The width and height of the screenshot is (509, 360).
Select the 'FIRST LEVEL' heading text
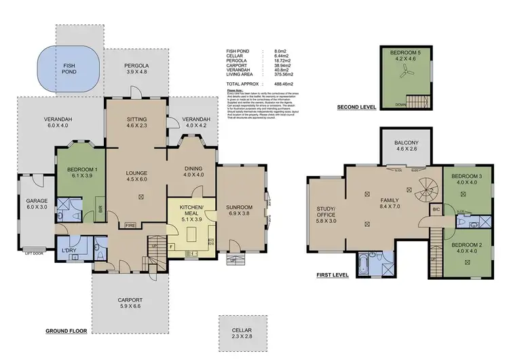click(x=333, y=276)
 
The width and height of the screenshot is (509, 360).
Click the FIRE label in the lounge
click(x=130, y=224)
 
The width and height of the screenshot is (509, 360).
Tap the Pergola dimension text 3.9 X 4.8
click(x=136, y=71)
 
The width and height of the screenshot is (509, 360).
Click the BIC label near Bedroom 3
click(x=436, y=211)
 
